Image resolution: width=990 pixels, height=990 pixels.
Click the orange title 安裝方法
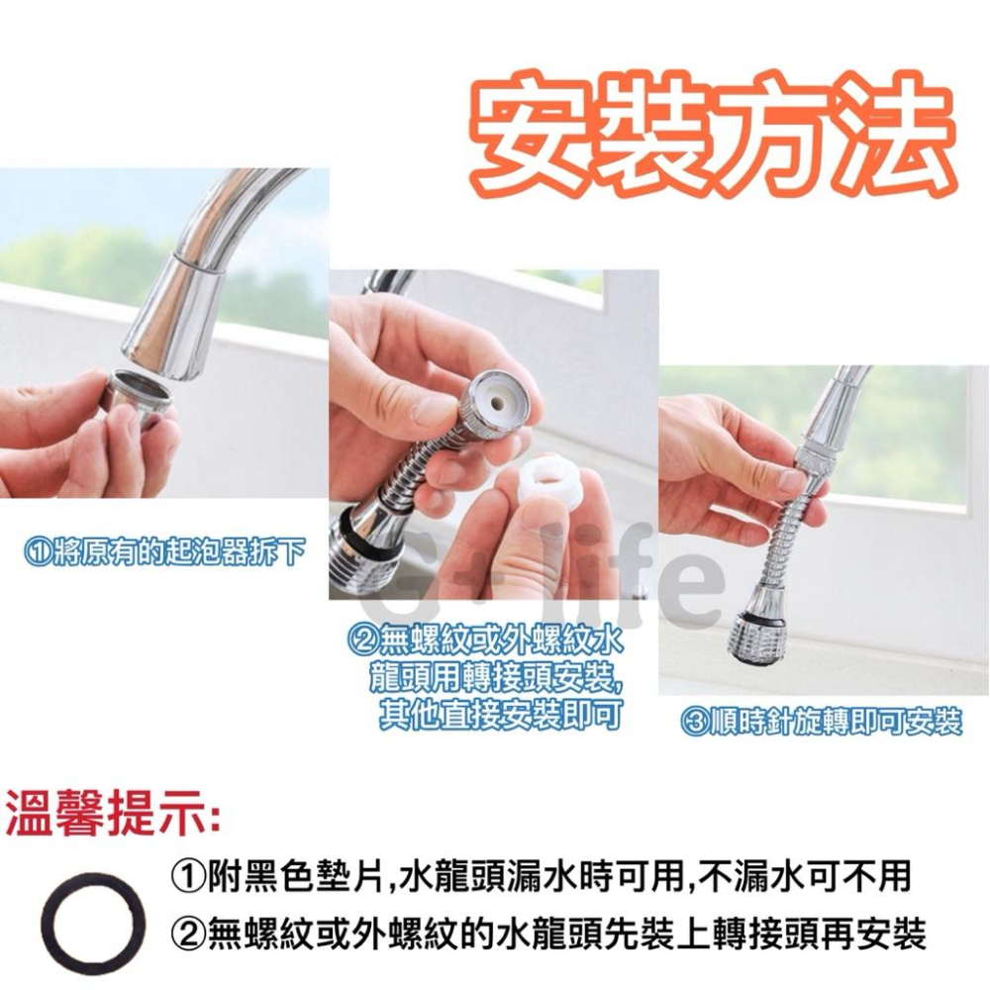coord(713,139)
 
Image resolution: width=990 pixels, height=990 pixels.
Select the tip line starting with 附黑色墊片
coord(540,875)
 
